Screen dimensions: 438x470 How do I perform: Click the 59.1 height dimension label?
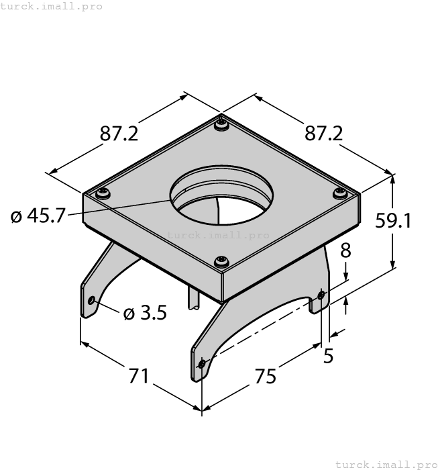pyautogui.click(x=393, y=221)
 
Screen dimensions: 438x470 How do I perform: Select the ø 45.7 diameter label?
pyautogui.click(x=38, y=216)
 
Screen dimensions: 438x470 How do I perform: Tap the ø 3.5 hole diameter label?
pyautogui.click(x=145, y=313)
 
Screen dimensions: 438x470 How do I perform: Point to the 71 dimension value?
pyautogui.click(x=139, y=376)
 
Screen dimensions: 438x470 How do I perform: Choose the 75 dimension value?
pyautogui.click(x=265, y=377)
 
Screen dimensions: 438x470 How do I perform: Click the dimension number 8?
pyautogui.click(x=345, y=250)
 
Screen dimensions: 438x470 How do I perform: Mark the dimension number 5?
pyautogui.click(x=329, y=356)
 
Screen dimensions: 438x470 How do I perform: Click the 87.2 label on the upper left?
pyautogui.click(x=119, y=134)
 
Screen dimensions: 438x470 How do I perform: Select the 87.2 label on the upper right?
pyautogui.click(x=323, y=134)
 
